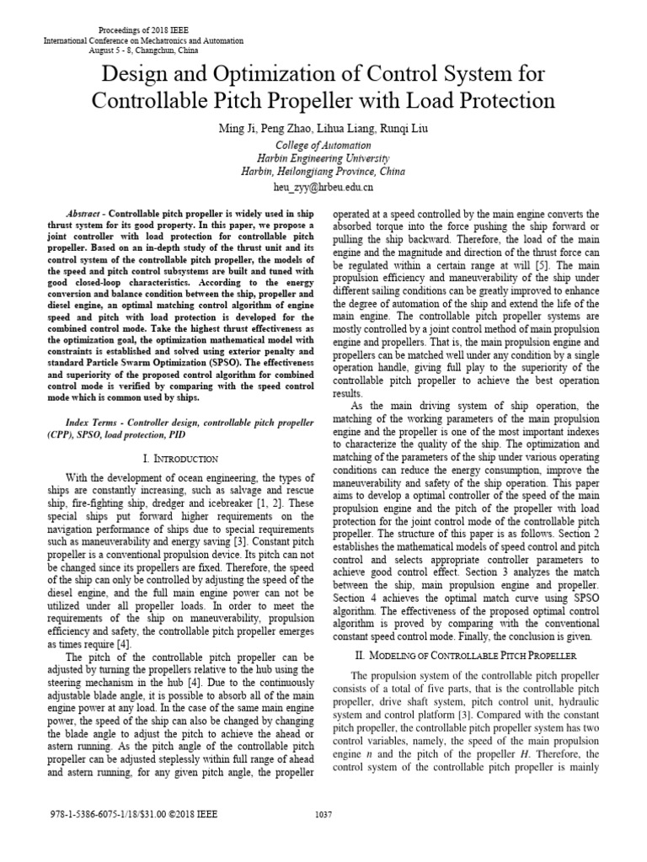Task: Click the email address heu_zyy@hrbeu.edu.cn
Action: tap(323, 186)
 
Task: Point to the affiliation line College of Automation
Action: tap(323, 144)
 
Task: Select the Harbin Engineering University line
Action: tap(323, 157)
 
